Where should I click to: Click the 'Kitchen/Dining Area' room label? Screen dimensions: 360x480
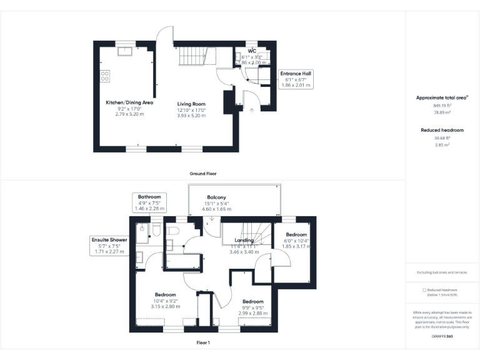(129, 102)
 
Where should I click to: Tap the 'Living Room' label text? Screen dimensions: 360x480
(191, 104)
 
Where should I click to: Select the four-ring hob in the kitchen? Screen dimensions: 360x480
(105, 76)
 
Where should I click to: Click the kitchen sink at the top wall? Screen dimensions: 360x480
(126, 50)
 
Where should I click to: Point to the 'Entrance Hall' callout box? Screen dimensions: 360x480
(296, 79)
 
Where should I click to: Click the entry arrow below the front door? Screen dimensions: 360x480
(252, 111)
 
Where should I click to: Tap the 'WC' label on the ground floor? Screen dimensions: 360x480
(252, 51)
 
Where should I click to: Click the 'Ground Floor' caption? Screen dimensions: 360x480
(203, 173)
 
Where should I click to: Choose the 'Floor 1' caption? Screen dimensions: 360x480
(203, 342)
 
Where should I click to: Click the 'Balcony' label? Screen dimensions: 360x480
(216, 198)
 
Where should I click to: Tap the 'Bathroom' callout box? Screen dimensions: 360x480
(149, 202)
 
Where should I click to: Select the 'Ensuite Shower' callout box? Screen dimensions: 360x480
(109, 246)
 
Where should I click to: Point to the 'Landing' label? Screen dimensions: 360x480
(244, 241)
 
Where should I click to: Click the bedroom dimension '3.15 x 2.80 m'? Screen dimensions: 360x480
(166, 306)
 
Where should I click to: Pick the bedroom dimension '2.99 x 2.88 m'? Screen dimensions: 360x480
(253, 313)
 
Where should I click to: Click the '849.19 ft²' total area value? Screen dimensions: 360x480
(442, 106)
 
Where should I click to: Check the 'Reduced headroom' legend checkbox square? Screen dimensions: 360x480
(424, 290)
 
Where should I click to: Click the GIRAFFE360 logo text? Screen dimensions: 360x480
(442, 337)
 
